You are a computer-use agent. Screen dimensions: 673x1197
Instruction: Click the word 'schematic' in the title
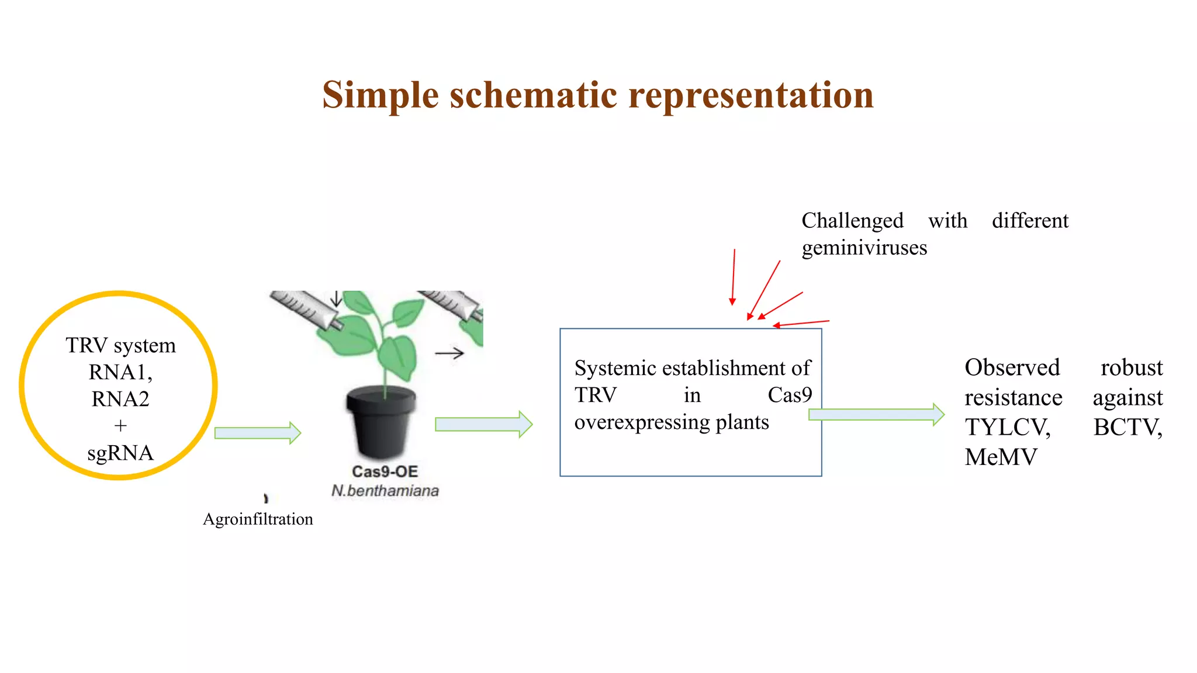[x=532, y=95]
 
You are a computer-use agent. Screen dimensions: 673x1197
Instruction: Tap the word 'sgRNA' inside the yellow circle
[x=120, y=453]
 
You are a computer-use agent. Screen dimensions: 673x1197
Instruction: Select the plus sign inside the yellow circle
[x=120, y=426]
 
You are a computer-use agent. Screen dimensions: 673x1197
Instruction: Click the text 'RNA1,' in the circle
[x=120, y=372]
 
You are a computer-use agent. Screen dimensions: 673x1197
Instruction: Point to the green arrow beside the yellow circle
[x=257, y=433]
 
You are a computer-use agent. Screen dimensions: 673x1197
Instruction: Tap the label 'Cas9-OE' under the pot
[x=385, y=471]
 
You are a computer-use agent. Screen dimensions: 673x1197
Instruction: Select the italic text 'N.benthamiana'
[x=385, y=491]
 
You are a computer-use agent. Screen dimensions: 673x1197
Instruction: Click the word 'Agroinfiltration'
[x=258, y=519]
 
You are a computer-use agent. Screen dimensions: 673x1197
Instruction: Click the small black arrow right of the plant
[x=449, y=353]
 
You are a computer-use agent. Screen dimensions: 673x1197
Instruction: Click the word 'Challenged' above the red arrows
[x=852, y=221]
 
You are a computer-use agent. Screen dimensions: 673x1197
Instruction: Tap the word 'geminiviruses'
[x=864, y=248]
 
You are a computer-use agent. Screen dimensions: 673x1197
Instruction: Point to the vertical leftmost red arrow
[x=733, y=277]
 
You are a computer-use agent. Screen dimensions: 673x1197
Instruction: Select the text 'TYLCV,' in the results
[x=1007, y=427]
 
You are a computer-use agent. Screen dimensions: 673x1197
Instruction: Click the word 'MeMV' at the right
[x=1001, y=457]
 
